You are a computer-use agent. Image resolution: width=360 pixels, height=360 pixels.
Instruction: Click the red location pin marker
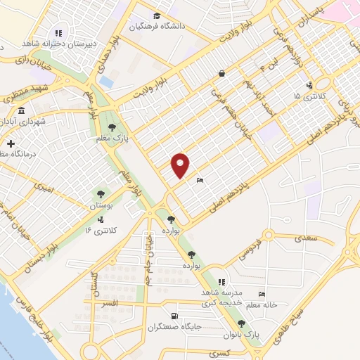(x=181, y=165)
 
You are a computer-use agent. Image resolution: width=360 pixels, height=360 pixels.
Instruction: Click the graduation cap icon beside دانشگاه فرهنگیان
(x=155, y=16)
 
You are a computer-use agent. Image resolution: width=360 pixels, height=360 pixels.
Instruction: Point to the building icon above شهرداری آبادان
(x=22, y=111)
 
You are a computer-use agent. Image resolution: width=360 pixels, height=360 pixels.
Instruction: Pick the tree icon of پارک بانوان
(x=242, y=323)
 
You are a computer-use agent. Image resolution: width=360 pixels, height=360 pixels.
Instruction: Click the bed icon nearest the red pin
(x=200, y=180)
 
